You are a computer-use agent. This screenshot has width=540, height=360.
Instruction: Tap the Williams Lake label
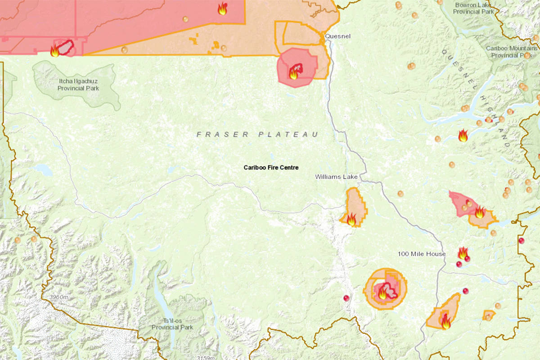pos(336,177)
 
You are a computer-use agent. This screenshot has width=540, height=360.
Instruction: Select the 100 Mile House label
pos(422,254)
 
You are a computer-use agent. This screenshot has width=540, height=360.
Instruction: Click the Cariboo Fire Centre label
pos(271,167)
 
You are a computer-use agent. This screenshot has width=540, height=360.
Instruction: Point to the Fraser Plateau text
pos(257,135)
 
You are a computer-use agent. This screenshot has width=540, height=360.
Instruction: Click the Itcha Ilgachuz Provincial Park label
pos(78,85)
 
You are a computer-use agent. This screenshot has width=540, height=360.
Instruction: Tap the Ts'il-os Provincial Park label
pos(172,324)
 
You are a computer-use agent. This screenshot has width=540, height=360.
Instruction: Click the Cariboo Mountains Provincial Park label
pos(512,52)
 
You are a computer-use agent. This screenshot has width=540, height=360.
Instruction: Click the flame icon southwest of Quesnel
pos(294,73)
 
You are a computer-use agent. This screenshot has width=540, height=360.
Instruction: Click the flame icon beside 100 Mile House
pos(463,253)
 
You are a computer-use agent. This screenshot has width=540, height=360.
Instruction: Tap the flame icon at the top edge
pos(222,9)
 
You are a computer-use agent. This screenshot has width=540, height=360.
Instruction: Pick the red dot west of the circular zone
pos(346,298)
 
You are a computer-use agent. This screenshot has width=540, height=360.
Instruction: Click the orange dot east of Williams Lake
pos(400,194)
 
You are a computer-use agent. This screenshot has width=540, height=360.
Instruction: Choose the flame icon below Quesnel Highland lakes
pos(463,135)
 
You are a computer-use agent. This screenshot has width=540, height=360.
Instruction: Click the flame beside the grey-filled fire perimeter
pos(55,50)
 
